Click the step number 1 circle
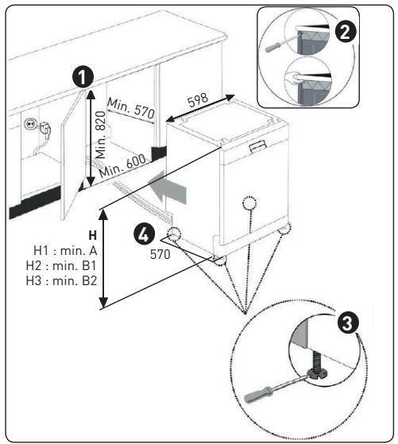(83, 77)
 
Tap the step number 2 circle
(346, 33)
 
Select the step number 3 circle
(349, 322)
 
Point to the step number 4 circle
(145, 235)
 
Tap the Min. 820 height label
(101, 134)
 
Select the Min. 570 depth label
(131, 109)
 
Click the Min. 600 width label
(122, 166)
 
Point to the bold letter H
(93, 235)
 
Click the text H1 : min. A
(65, 251)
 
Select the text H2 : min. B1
(61, 265)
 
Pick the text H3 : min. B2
(61, 280)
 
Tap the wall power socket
(29, 124)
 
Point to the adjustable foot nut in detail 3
(317, 374)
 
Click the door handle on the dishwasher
(258, 146)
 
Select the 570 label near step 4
(160, 254)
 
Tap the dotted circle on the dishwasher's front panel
(249, 203)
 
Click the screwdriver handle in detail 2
(273, 47)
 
